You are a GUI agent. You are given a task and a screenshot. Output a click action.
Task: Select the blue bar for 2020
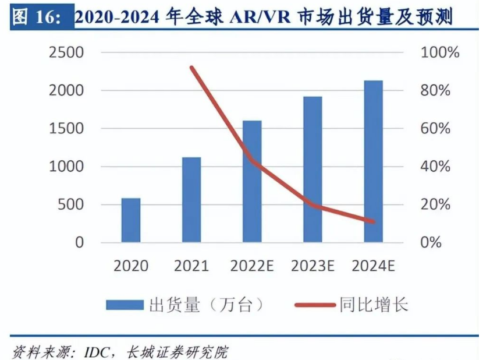point(131,220)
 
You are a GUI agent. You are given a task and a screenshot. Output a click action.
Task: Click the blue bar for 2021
point(191,200)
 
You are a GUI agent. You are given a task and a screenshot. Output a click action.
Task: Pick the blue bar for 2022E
point(252,181)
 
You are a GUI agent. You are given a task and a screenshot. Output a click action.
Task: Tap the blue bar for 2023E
point(313,169)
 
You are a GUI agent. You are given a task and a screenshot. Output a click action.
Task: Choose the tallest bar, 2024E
point(373,161)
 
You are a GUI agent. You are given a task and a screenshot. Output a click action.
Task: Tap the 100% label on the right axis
point(439,52)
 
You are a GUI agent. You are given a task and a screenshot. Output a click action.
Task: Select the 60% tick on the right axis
point(435,129)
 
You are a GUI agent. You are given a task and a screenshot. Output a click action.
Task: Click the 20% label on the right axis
point(435,204)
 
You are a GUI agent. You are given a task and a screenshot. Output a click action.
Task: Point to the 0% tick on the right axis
point(431,242)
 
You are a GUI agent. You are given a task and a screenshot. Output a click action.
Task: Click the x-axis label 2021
point(191,266)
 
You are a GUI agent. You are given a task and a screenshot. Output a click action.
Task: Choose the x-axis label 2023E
point(313,266)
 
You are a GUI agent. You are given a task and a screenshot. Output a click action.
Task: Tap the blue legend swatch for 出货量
point(125,305)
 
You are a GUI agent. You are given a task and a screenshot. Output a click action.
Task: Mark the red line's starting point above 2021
point(192,68)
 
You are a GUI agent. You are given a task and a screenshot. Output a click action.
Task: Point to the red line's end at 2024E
point(373,221)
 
